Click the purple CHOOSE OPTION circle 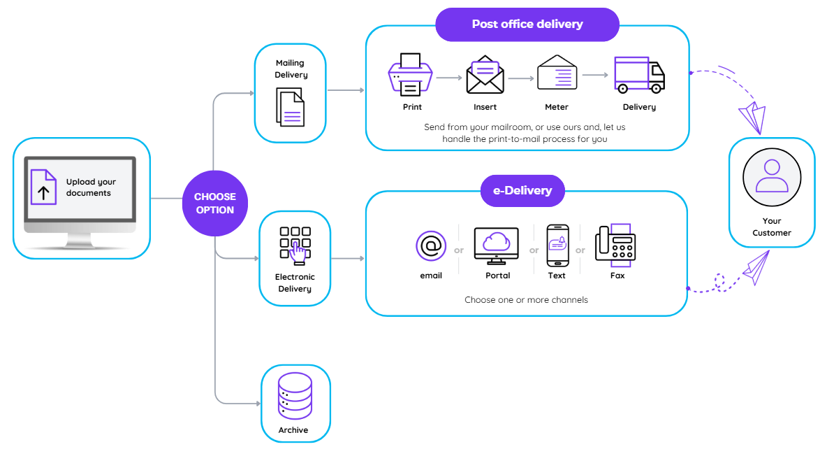pos(215,204)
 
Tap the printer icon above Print pos(410,75)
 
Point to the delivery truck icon pos(639,75)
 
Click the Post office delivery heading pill pos(527,24)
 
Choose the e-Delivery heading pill pos(522,190)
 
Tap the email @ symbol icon pos(431,246)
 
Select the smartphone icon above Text pos(557,245)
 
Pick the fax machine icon pos(615,245)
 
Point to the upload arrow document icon pos(43,186)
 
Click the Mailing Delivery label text pos(290,69)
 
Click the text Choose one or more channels pos(526,300)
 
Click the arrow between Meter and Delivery pos(596,75)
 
